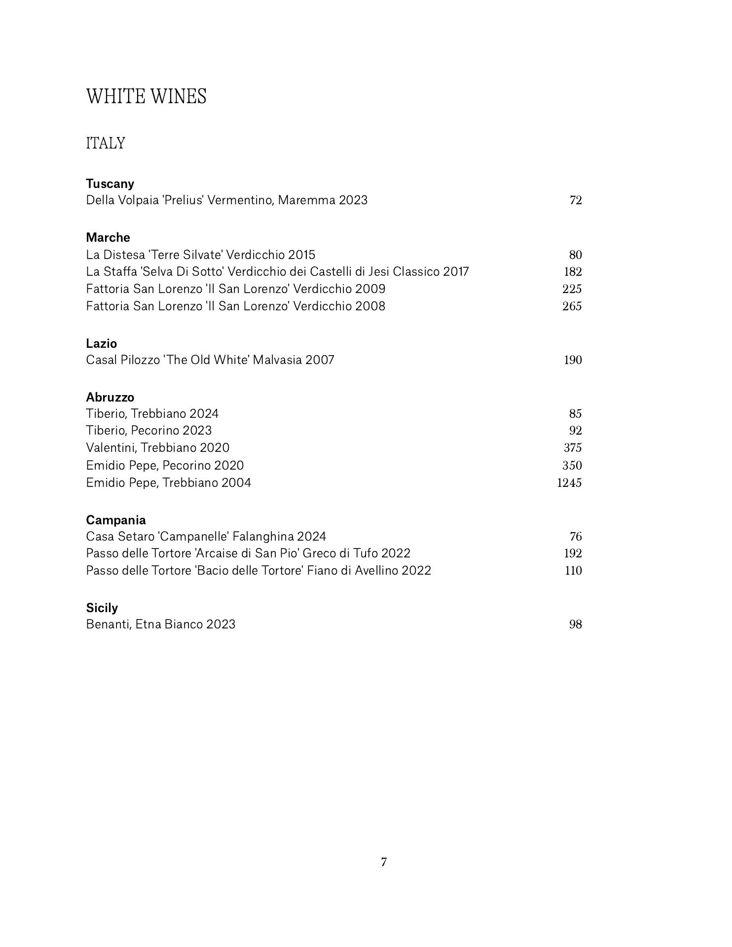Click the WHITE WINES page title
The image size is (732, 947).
146,96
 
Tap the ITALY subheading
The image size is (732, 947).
106,144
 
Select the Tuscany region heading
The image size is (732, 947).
110,183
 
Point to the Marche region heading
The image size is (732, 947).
108,237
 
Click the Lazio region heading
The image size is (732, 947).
101,343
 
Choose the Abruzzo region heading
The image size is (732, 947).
110,397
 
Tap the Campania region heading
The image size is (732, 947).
116,520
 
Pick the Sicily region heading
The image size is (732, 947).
102,608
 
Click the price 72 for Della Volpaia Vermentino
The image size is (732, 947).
576,200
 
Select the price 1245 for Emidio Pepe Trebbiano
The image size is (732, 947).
569,482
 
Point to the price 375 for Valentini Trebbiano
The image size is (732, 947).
572,448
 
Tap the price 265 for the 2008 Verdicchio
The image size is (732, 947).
572,306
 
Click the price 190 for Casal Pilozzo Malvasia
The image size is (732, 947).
573,360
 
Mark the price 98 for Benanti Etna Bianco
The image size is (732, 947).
576,624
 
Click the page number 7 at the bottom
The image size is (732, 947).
384,862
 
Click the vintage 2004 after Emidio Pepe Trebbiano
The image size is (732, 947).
236,482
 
